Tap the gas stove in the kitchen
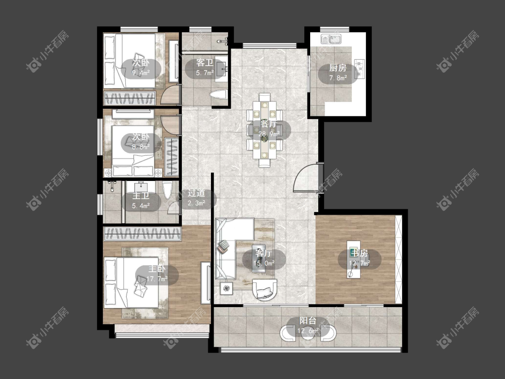click(x=360, y=68)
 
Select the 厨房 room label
click(x=338, y=68)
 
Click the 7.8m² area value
click(x=338, y=78)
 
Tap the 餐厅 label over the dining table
click(x=268, y=123)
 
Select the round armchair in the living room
click(x=264, y=290)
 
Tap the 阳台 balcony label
click(x=308, y=321)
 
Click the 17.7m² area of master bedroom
click(x=157, y=279)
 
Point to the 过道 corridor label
click(x=197, y=193)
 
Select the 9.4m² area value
click(x=141, y=73)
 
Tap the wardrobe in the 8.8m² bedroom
click(x=171, y=157)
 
